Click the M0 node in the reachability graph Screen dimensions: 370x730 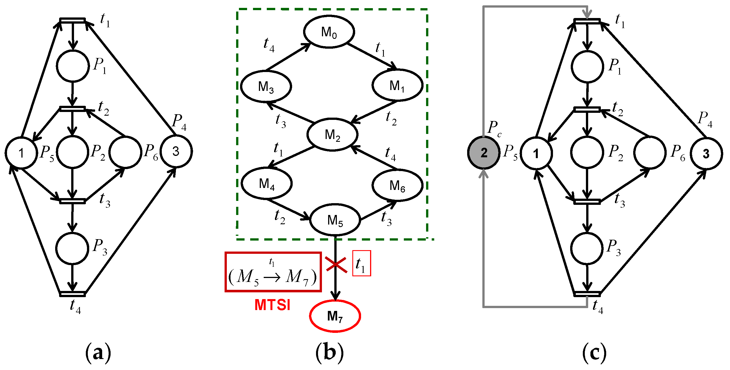tap(329, 32)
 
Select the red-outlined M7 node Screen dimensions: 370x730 tap(335, 316)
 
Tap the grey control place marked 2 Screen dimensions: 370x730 tap(484, 153)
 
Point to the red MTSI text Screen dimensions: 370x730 tap(272, 305)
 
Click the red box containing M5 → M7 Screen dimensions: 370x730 tap(273, 272)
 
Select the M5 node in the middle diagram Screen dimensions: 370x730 tap(335, 220)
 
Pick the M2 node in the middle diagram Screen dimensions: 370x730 tap(332, 134)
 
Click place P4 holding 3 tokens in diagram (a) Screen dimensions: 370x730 tap(176, 151)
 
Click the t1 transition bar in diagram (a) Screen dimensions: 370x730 tap(72, 20)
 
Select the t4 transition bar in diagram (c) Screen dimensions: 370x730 tap(587, 294)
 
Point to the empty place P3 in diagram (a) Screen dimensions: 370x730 tap(72, 248)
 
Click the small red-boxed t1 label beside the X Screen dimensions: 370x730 tap(361, 263)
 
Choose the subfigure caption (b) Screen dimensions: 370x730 tap(329, 353)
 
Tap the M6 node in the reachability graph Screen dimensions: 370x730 tap(397, 186)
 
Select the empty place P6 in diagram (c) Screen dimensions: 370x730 tap(650, 153)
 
